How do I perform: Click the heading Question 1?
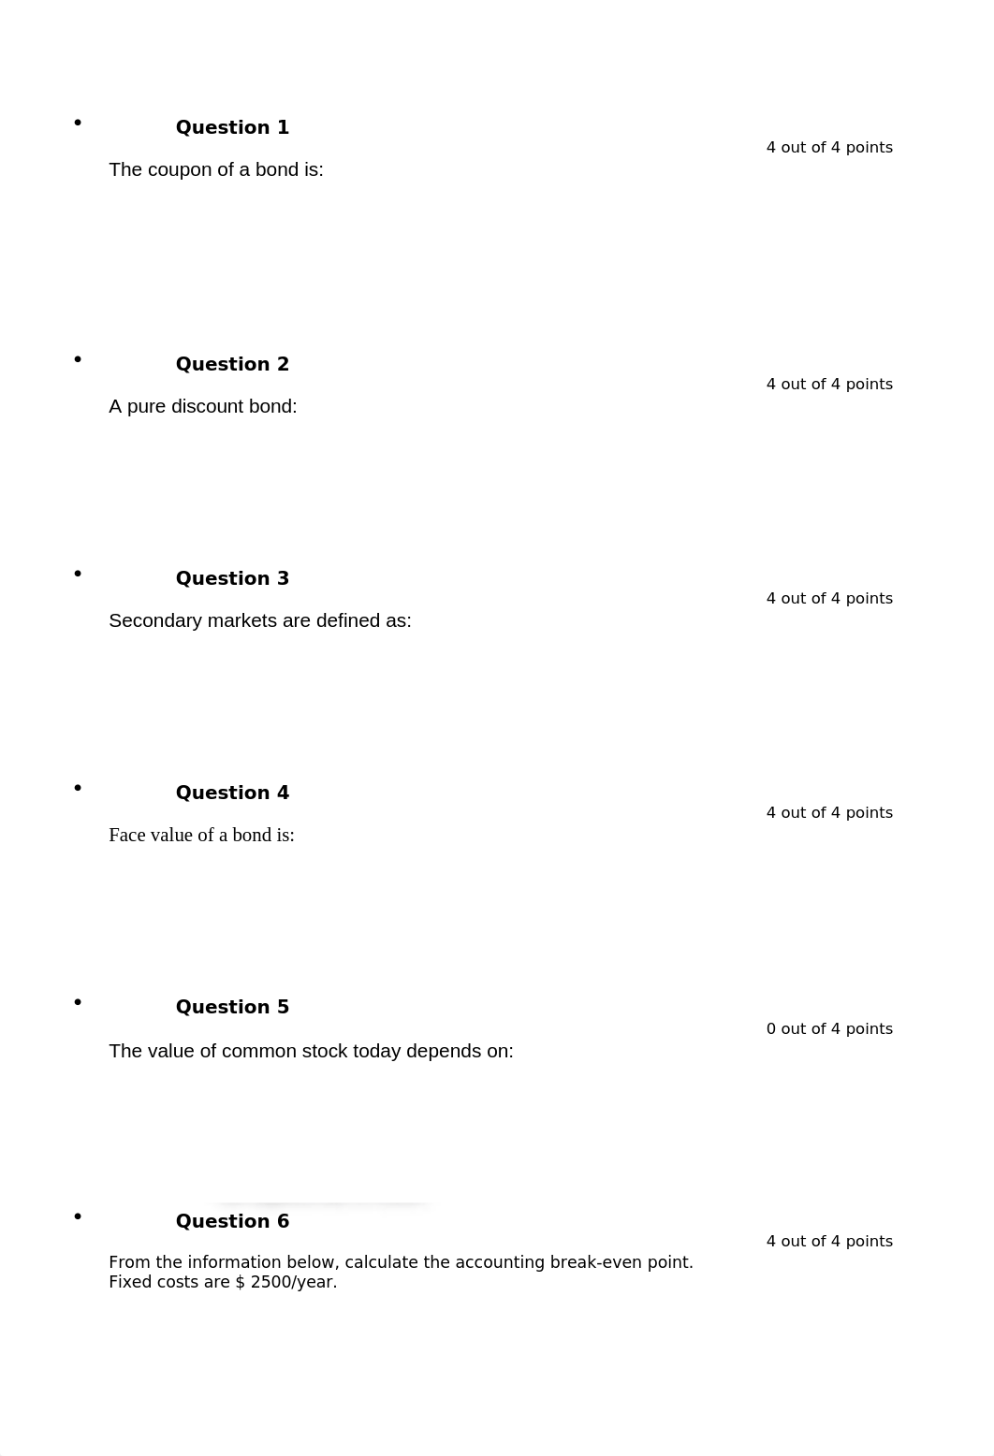coord(232,127)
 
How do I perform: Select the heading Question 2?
coord(232,364)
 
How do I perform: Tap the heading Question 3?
coord(232,578)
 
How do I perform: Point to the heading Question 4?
coord(232,793)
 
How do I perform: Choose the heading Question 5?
coord(232,1007)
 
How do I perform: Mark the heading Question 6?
coord(232,1221)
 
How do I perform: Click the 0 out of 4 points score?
coord(829,1028)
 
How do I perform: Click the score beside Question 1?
coord(829,147)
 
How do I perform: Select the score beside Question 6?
coord(829,1241)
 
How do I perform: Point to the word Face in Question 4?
coord(126,835)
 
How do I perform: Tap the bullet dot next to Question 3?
coord(78,574)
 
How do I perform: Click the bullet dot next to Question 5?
coord(78,1002)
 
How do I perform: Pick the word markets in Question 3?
coord(223,620)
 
